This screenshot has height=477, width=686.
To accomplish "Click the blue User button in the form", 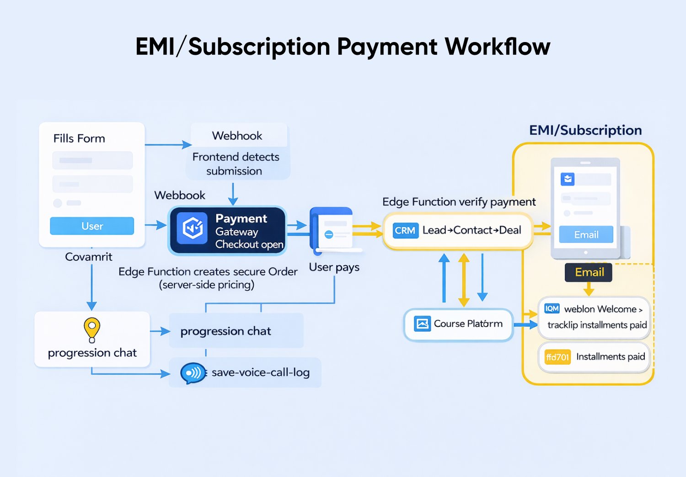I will click(92, 226).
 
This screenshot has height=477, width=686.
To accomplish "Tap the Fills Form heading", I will click(79, 138).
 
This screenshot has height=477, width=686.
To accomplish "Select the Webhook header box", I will click(237, 136).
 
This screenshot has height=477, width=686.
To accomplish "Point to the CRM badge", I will click(405, 231).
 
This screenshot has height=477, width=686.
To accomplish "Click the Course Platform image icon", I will click(422, 323).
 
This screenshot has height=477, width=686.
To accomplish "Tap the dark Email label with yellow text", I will click(589, 272).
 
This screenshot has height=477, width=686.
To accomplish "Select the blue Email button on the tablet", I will click(586, 234).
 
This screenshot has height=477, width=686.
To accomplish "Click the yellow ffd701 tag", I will click(557, 357).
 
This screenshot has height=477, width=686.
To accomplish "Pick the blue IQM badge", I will click(552, 308).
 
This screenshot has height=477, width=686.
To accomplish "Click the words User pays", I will click(334, 267).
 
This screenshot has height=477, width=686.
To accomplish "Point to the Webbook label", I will click(180, 195).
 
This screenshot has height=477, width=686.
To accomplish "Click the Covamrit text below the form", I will click(89, 257).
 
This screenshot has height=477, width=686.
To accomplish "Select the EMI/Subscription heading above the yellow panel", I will click(585, 130).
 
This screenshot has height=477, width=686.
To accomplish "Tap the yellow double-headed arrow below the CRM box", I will click(464, 280).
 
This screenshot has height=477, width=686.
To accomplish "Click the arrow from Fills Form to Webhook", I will click(168, 145).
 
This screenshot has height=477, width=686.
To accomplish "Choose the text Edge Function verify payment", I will click(459, 201).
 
